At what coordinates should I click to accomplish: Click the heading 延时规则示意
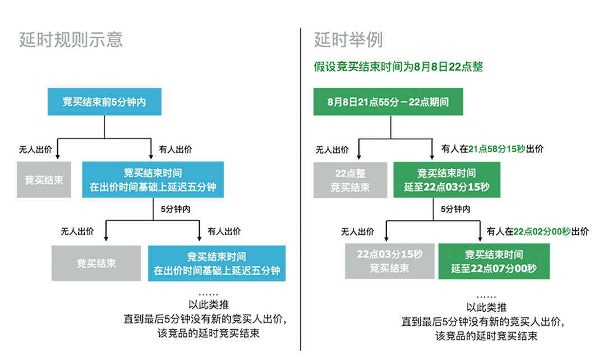click(x=71, y=40)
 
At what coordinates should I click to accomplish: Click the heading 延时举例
click(x=349, y=40)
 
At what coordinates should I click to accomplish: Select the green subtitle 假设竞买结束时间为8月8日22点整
click(x=398, y=67)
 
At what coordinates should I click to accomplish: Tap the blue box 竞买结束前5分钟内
click(x=104, y=101)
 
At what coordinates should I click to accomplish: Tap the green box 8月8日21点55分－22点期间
click(x=388, y=101)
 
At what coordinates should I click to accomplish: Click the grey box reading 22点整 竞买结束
click(x=350, y=180)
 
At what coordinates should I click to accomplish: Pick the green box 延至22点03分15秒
click(x=447, y=180)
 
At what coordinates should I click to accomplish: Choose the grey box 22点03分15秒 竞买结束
click(x=389, y=261)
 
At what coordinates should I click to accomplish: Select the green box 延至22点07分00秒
click(x=494, y=261)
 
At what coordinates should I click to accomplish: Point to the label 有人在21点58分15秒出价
click(x=493, y=149)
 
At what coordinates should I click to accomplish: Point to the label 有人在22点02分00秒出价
click(x=538, y=231)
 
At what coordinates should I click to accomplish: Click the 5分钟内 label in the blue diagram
click(x=175, y=209)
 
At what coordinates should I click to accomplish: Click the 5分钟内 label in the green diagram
click(x=456, y=209)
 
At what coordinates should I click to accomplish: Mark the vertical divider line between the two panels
click(x=300, y=189)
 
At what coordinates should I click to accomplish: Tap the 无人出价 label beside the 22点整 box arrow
click(x=332, y=150)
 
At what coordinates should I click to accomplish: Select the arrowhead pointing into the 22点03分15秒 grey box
click(x=387, y=238)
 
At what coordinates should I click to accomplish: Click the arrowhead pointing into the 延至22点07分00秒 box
click(x=480, y=238)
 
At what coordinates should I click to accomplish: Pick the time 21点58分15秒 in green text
click(x=497, y=149)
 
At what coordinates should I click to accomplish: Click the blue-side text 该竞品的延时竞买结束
click(x=208, y=333)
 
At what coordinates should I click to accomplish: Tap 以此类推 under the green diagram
click(x=486, y=307)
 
